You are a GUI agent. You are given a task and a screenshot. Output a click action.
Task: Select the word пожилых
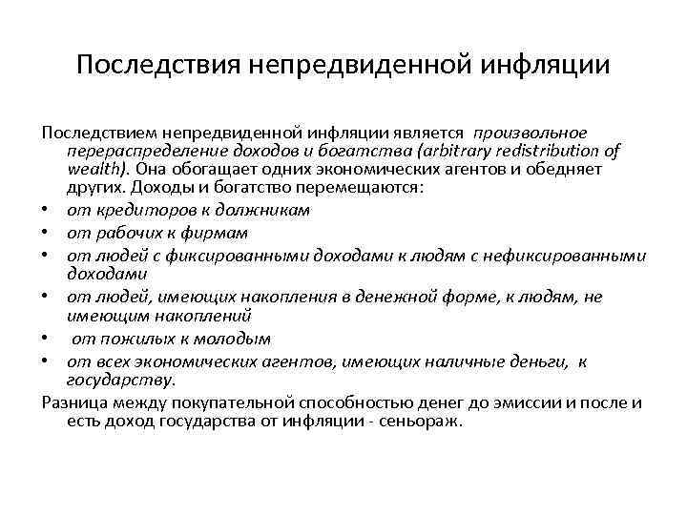(126, 339)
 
